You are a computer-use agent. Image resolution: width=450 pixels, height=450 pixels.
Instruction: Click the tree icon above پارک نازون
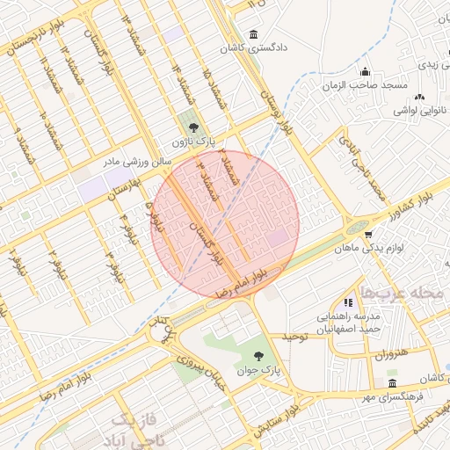(x=193, y=129)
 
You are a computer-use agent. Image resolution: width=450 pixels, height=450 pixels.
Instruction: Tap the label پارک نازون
(x=193, y=142)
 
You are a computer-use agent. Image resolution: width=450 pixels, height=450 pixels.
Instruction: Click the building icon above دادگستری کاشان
(x=254, y=34)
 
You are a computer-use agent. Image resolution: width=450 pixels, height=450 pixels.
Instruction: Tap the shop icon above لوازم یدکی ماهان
(x=368, y=235)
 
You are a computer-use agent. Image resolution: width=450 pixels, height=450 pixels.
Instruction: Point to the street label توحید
(x=294, y=337)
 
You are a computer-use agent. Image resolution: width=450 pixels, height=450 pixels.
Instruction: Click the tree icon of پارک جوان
(x=258, y=356)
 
